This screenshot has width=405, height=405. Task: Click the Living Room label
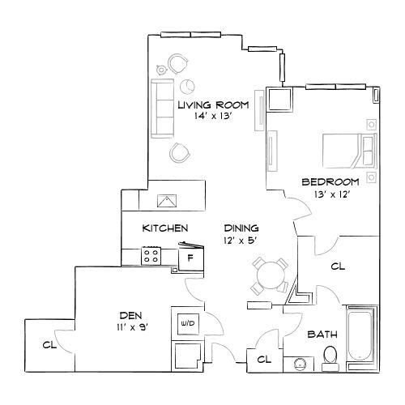click(x=211, y=104)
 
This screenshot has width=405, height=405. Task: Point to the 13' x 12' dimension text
click(x=330, y=194)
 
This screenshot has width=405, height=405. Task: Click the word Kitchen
click(x=166, y=228)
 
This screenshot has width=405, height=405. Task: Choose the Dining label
click(x=241, y=228)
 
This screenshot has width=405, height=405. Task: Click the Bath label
click(x=322, y=333)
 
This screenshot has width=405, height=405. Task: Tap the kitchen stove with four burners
click(x=151, y=257)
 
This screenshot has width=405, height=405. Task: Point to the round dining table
click(x=268, y=275)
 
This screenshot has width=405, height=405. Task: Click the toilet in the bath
click(x=330, y=356)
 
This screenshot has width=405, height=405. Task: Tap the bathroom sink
click(x=301, y=364)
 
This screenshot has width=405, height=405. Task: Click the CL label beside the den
click(x=49, y=344)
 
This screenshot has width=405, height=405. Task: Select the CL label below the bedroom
click(x=339, y=265)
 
